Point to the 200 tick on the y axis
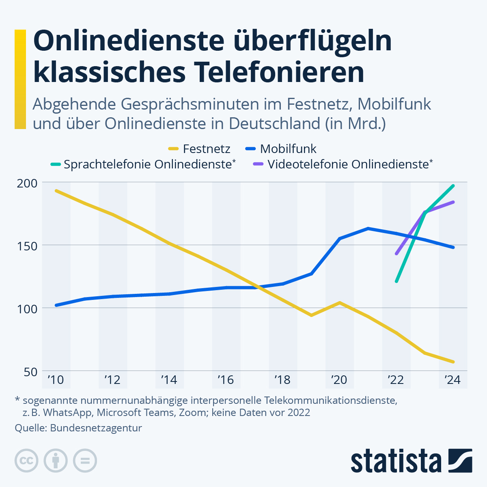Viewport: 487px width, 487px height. click(27, 183)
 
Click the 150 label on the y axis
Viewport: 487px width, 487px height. click(27, 246)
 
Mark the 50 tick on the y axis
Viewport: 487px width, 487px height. click(31, 371)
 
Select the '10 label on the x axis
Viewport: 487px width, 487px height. click(56, 380)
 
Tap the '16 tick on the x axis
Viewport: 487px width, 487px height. click(226, 380)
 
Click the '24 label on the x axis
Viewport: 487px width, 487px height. click(453, 380)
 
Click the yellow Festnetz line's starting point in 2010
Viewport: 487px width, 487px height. click(56, 190)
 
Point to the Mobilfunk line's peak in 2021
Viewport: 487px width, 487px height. click(368, 228)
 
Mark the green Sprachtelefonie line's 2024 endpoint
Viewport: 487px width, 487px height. click(453, 185)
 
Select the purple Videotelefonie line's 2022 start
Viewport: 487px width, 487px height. click(396, 254)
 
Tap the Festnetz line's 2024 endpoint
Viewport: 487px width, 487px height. click(453, 362)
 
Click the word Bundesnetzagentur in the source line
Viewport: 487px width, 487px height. click(96, 428)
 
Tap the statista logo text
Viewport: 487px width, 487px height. click(396, 461)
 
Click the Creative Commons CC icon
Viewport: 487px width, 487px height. click(26, 461)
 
